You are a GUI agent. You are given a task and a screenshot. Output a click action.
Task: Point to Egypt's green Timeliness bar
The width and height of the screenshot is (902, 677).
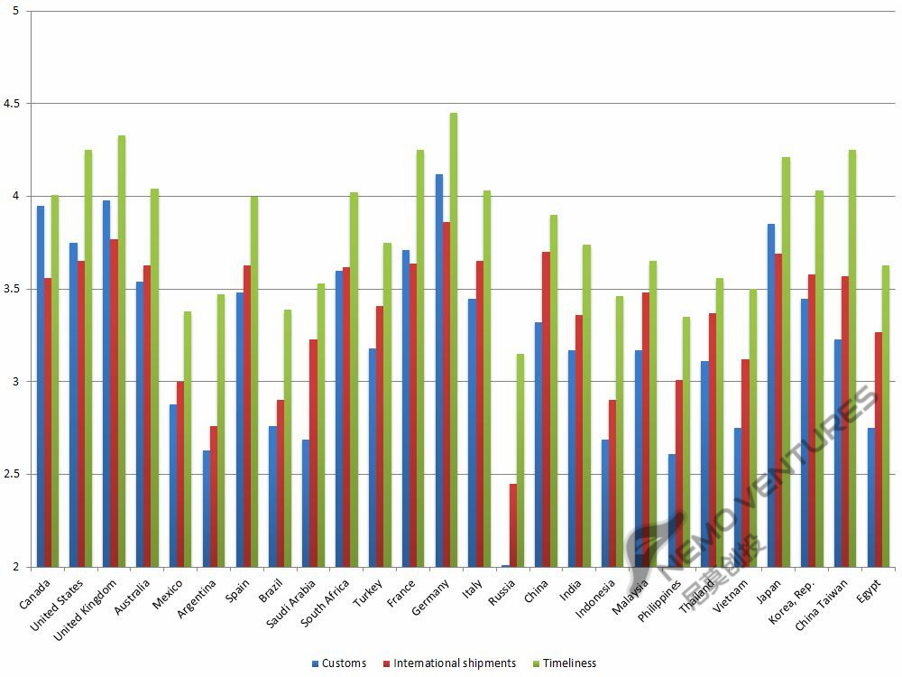click(886, 416)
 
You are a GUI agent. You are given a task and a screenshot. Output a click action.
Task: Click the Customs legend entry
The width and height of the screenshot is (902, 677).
click(339, 663)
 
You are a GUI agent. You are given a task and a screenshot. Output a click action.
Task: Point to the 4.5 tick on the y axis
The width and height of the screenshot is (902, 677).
click(16, 104)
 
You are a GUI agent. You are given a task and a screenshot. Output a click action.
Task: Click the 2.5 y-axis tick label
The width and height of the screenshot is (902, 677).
click(16, 475)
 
